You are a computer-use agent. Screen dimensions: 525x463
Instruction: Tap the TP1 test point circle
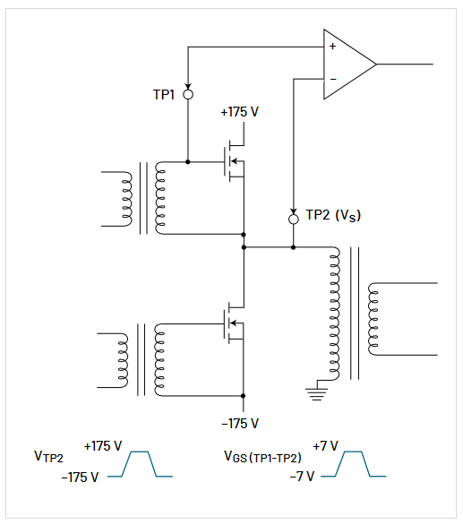click(188, 93)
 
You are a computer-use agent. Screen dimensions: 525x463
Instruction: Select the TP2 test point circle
click(294, 218)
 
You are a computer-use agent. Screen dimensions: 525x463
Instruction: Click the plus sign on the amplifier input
click(332, 46)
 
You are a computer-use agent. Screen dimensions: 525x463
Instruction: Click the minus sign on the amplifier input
click(332, 81)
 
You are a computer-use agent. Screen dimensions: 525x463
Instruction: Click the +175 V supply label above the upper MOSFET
click(239, 113)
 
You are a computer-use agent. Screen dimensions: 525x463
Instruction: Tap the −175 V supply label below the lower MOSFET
click(239, 423)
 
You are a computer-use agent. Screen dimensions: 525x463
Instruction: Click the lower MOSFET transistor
click(234, 323)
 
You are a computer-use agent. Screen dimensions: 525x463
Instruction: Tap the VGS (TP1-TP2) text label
click(261, 458)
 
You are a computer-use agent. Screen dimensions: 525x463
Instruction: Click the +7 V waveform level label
click(326, 445)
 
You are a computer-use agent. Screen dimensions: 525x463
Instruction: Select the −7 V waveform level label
click(300, 476)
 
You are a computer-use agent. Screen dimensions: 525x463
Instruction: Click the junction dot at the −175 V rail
click(244, 395)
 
